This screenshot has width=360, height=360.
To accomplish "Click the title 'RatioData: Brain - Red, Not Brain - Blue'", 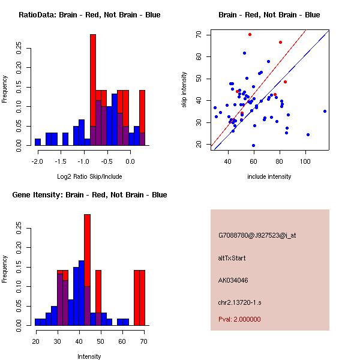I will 89,15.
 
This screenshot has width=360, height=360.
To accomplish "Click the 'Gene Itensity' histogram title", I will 89,195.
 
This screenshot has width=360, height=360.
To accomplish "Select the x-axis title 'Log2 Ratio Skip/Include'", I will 89,176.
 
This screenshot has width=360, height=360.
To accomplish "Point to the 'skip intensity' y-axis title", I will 184,89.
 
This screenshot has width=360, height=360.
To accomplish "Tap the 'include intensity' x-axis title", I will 269,176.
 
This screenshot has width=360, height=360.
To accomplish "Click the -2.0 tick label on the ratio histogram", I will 38,161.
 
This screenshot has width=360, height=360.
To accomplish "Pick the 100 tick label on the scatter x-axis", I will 305,161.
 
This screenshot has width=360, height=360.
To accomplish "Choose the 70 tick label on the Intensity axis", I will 143,341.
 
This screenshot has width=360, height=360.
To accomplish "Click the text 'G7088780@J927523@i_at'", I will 257,235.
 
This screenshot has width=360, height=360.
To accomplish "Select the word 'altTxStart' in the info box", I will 232,258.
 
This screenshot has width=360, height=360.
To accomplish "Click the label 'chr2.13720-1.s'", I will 238,302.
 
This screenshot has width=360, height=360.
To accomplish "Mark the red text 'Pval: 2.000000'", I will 239,319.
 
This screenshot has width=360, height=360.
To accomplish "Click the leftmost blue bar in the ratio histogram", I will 38,142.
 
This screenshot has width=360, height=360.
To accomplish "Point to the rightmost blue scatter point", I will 325,111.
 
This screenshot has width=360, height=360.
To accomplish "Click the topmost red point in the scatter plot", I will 250,34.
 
